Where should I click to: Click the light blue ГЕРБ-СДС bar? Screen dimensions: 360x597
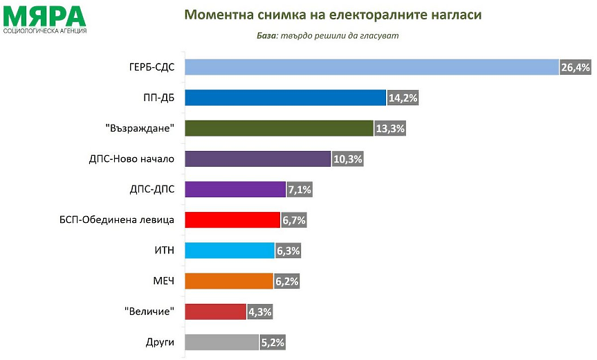click(x=372, y=66)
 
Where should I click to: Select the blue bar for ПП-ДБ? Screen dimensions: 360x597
click(x=285, y=98)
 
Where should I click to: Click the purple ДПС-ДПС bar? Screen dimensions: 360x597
click(x=236, y=189)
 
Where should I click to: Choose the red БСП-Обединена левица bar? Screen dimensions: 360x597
click(x=233, y=220)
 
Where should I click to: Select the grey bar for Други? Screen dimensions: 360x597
click(x=222, y=342)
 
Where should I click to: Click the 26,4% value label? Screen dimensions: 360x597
click(x=575, y=67)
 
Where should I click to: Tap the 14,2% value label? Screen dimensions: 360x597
click(x=403, y=98)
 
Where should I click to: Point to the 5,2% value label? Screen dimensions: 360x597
click(x=271, y=342)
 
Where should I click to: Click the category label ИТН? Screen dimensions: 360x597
click(x=163, y=251)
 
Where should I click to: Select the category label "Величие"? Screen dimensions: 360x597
click(x=150, y=312)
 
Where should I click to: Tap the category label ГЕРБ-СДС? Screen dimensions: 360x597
click(x=151, y=67)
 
